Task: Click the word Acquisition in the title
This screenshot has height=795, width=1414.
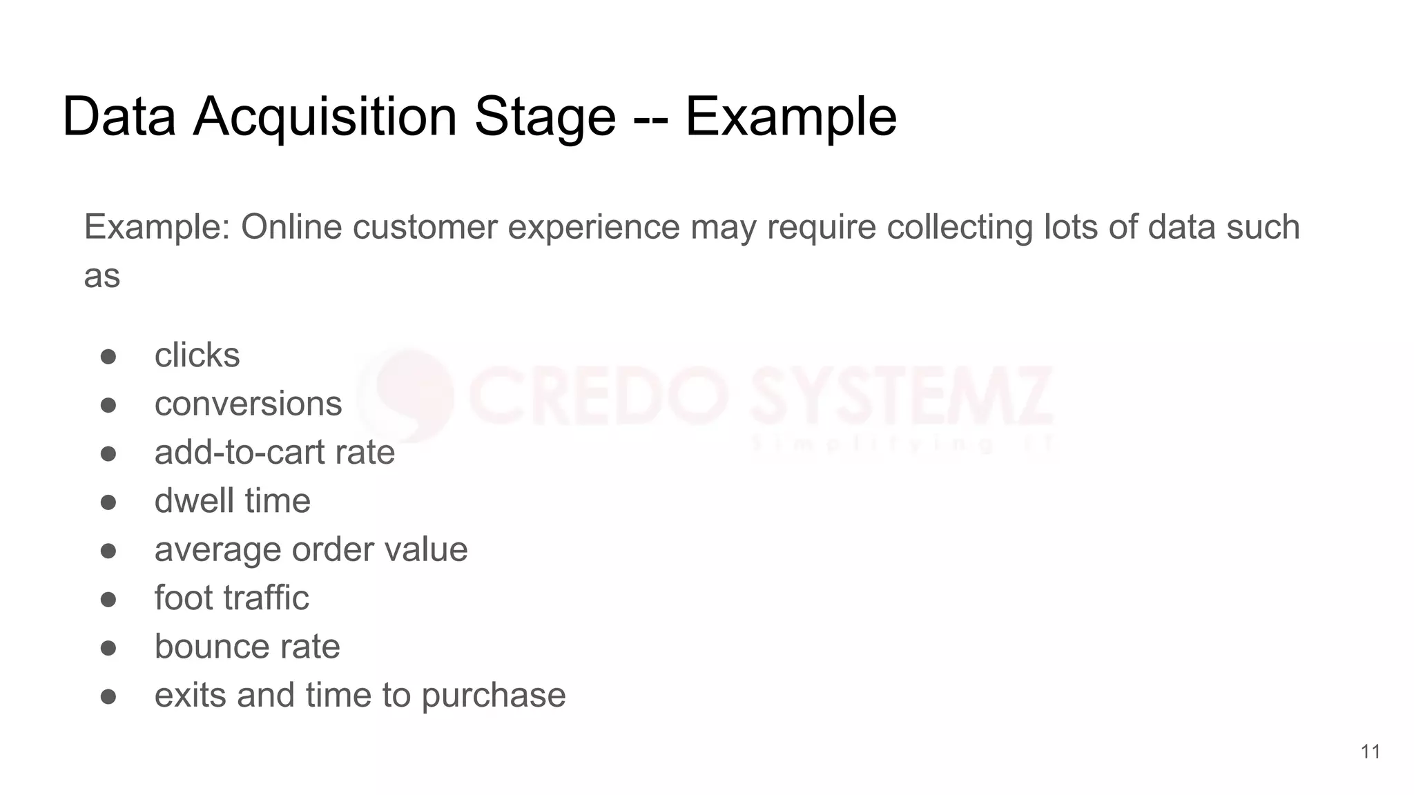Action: tap(325, 117)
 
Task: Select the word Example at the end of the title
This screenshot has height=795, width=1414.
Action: tap(791, 117)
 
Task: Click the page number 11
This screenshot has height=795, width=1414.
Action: tap(1371, 752)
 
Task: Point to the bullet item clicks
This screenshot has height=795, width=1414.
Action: tap(197, 355)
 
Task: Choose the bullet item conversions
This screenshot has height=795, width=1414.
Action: tap(248, 404)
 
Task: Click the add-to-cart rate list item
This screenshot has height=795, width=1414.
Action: tap(274, 453)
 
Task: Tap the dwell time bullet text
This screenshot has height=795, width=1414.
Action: tap(232, 501)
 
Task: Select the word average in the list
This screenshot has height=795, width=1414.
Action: tap(217, 550)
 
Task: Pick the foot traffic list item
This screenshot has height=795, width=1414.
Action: tap(231, 598)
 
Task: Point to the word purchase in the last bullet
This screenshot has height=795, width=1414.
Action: tap(493, 696)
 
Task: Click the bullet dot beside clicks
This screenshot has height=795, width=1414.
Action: tap(108, 357)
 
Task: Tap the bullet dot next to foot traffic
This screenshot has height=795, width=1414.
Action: tap(108, 600)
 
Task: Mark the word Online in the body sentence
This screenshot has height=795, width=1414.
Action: tap(291, 227)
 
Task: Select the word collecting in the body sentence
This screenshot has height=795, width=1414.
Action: tap(959, 227)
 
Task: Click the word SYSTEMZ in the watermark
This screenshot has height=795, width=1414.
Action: tap(901, 397)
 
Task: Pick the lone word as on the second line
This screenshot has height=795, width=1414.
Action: tap(101, 277)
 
